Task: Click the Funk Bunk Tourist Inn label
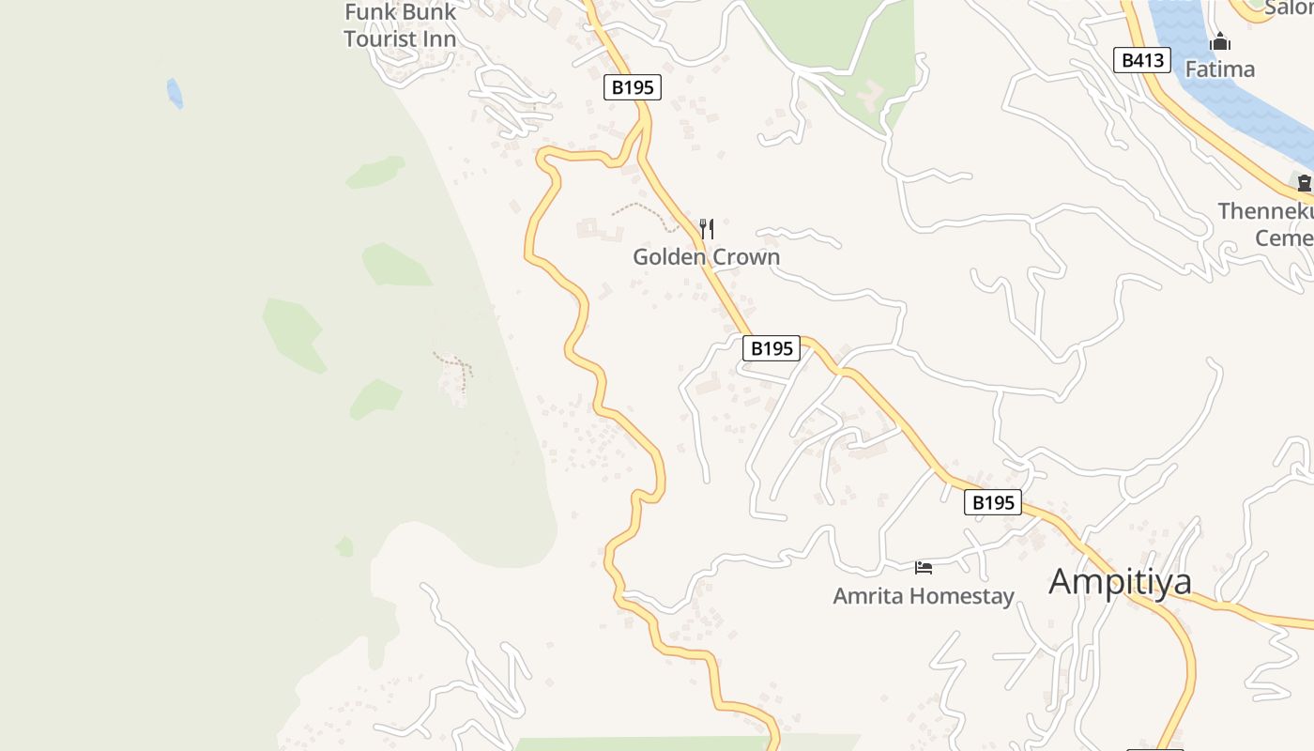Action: pos(400,25)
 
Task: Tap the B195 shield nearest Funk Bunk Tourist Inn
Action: pos(632,87)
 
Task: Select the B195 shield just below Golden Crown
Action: pos(772,348)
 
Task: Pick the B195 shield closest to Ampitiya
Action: pos(992,502)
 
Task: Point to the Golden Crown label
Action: pos(706,256)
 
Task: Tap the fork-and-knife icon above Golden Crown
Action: pos(707,228)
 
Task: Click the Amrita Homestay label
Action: pos(924,596)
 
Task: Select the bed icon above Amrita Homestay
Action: pos(924,567)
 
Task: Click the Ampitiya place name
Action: pos(1120,581)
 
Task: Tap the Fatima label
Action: pos(1219,69)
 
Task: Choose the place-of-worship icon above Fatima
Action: pos(1219,42)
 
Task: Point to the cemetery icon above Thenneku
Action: pos(1304,183)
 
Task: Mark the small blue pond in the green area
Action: pos(175,92)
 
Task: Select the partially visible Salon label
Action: pos(1287,8)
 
